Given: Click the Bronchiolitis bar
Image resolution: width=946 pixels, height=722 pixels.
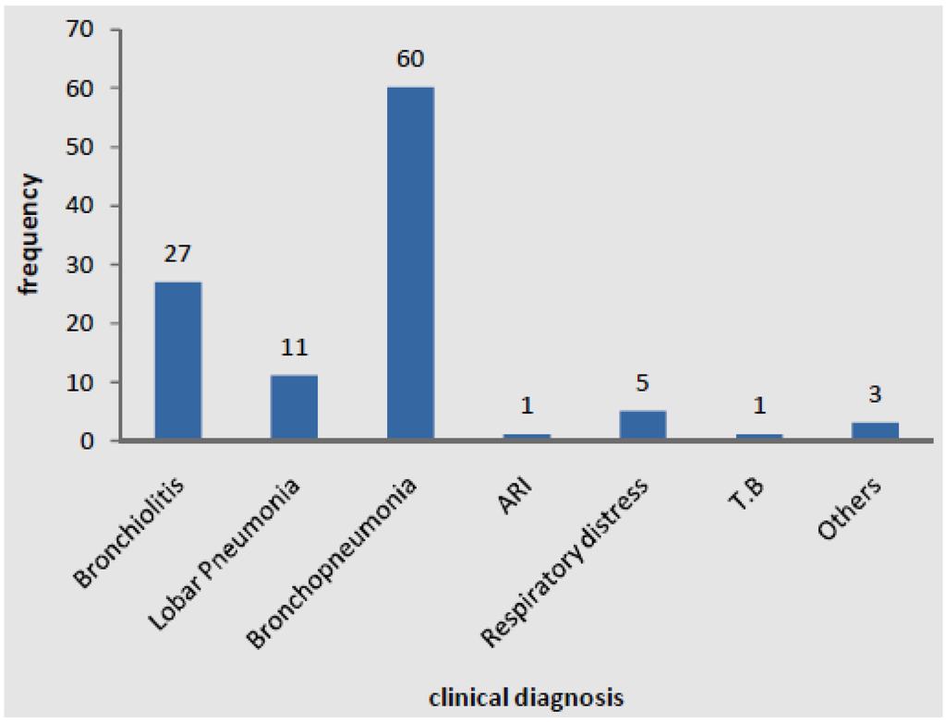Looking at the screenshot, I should [178, 361].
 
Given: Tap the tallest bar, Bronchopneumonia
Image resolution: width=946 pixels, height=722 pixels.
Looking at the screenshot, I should [410, 264].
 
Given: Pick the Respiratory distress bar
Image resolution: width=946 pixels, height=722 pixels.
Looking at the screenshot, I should [643, 426].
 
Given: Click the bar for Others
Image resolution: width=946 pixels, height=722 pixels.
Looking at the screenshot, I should [875, 431].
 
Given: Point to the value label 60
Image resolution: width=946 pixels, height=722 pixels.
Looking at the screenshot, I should [410, 60].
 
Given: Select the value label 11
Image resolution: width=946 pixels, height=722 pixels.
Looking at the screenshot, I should [294, 348].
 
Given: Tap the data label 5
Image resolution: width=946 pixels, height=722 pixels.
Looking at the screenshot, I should [643, 383].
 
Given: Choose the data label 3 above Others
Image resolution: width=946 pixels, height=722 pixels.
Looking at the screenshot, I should [875, 395].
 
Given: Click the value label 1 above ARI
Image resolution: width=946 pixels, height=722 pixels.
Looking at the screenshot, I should [527, 407].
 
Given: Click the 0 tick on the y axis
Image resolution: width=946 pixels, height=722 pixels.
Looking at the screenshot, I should [88, 441].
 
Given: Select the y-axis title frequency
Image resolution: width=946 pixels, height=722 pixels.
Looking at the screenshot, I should [30, 235].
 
